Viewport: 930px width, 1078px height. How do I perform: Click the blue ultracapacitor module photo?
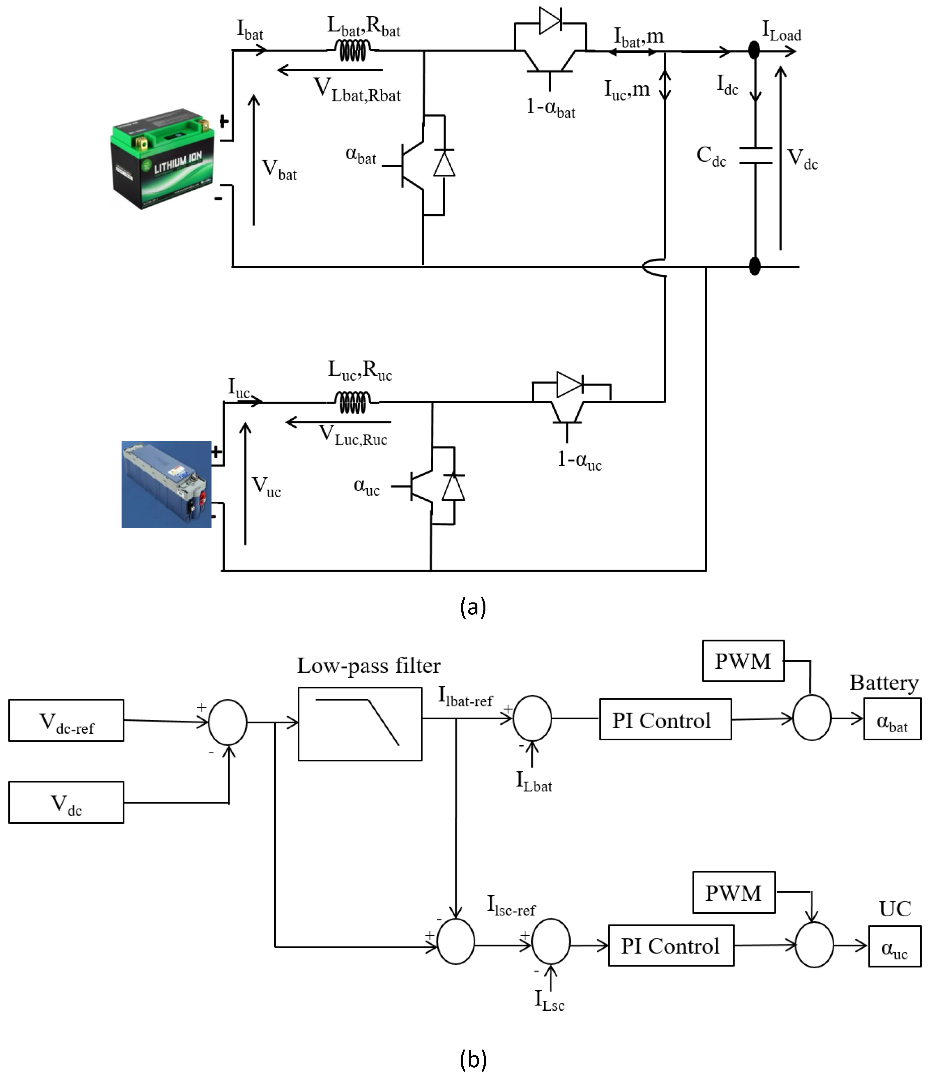click(x=167, y=484)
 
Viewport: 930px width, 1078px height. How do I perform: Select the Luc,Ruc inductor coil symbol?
click(x=353, y=402)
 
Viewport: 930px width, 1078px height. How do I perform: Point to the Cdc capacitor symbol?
click(x=755, y=156)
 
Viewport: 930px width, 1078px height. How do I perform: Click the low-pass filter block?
click(x=360, y=724)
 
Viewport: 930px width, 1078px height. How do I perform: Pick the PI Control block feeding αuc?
click(x=671, y=945)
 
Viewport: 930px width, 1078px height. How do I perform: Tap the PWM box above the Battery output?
click(x=743, y=661)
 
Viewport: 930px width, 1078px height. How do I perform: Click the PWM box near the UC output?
click(x=733, y=892)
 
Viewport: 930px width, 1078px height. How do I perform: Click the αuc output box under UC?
click(x=894, y=946)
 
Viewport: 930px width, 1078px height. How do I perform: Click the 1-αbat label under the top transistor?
click(x=550, y=108)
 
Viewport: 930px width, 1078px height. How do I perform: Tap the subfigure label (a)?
click(x=473, y=606)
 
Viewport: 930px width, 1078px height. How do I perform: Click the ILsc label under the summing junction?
click(x=549, y=1000)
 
